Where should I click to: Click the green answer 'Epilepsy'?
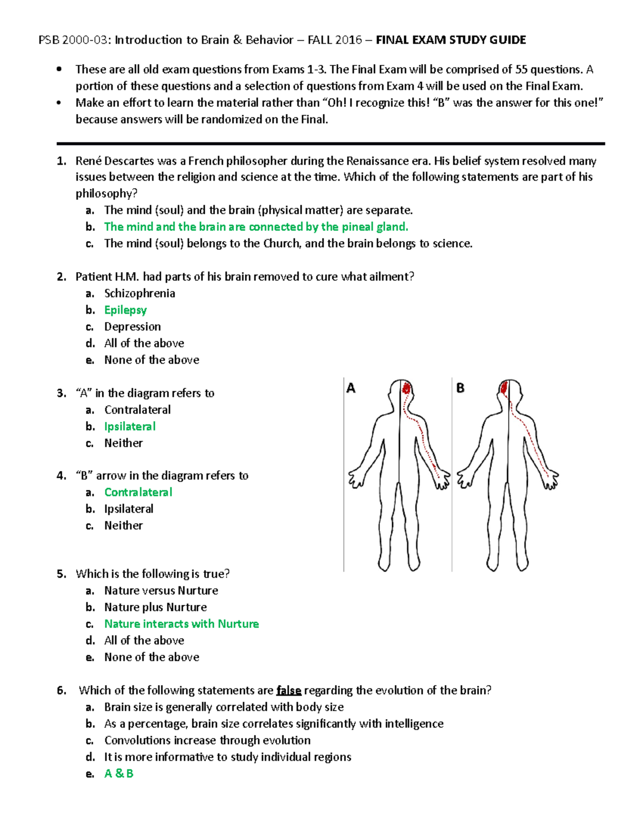(x=125, y=310)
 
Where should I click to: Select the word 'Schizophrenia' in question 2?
(x=139, y=294)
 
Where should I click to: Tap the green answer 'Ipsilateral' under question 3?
(x=130, y=426)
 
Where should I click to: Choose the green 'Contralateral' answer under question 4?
(x=138, y=492)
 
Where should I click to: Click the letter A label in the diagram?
(x=351, y=388)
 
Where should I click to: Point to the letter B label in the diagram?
(x=460, y=388)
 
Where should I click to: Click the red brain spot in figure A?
(x=407, y=387)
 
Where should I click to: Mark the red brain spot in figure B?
(x=504, y=387)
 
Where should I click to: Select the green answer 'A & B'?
(x=118, y=774)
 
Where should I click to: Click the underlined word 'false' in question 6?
(x=289, y=691)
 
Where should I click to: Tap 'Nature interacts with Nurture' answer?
(x=181, y=624)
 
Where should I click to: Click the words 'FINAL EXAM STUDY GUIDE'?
(x=451, y=40)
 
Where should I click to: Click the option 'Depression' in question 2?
(x=132, y=327)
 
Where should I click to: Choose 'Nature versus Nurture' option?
(x=161, y=591)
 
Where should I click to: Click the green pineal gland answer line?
(x=256, y=227)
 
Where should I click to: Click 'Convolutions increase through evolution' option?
(x=207, y=740)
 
